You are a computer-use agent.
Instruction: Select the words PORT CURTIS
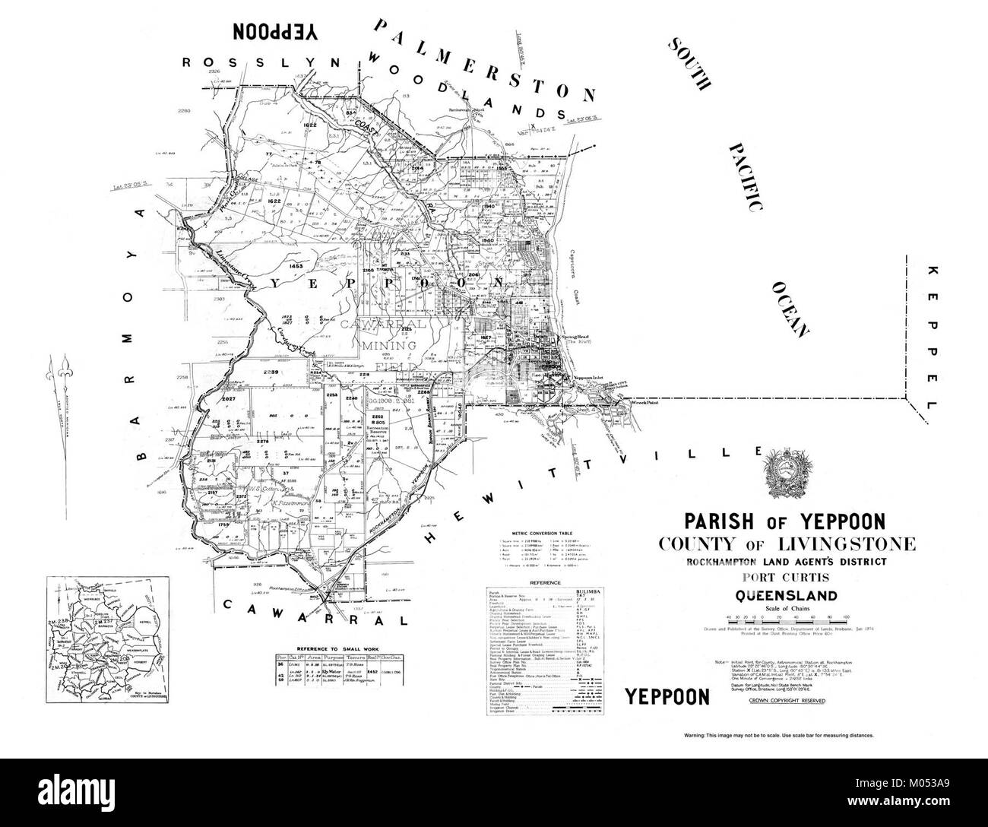(x=786, y=578)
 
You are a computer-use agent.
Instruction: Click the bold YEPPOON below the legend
(x=666, y=697)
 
